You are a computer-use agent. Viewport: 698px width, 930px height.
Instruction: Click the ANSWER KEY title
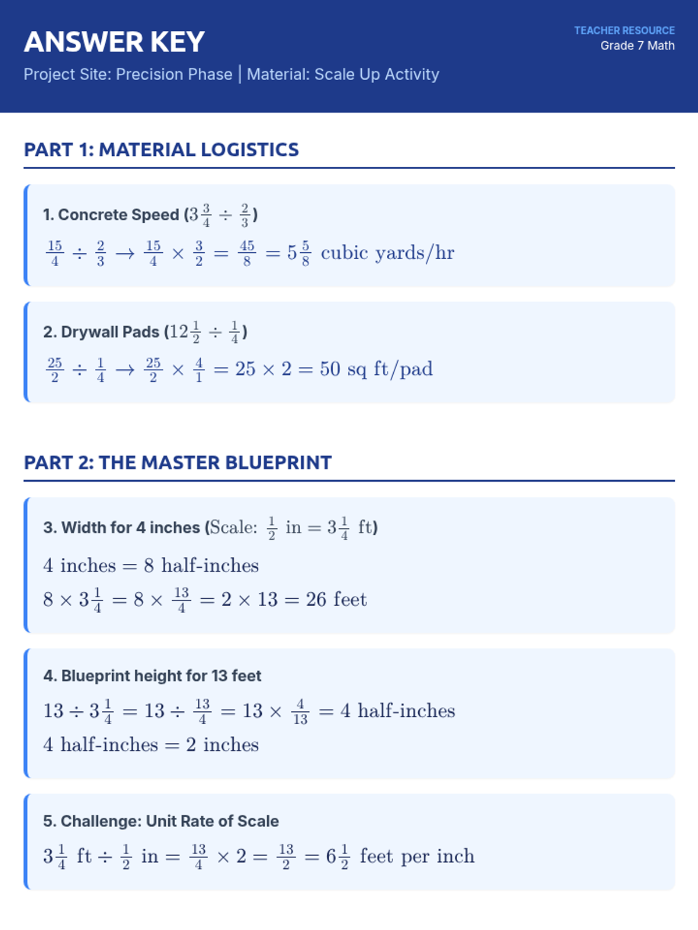click(x=114, y=42)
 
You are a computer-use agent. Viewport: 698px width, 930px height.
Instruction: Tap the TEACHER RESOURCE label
click(x=624, y=30)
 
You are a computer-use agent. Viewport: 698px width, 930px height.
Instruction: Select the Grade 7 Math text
click(x=638, y=46)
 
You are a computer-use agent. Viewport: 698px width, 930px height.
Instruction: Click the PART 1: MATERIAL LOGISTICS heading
click(x=161, y=150)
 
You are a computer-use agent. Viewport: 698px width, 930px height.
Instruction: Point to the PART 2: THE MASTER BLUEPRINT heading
click(x=177, y=463)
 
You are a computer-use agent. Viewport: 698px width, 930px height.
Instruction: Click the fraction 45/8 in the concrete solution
click(x=247, y=253)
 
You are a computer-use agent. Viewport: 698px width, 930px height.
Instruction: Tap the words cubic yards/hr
click(x=387, y=253)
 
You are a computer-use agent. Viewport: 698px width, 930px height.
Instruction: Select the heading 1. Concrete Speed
click(x=111, y=215)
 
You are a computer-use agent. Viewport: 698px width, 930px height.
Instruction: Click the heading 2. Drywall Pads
click(x=101, y=332)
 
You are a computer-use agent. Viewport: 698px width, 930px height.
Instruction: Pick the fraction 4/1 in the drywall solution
click(x=199, y=370)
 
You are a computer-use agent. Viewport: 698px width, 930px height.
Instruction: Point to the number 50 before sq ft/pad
click(x=330, y=370)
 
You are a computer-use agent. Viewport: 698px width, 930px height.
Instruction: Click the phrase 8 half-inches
click(x=201, y=566)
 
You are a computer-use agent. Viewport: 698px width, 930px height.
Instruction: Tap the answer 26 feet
click(x=336, y=600)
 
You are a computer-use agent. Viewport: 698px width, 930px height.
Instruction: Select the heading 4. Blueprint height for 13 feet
click(x=152, y=676)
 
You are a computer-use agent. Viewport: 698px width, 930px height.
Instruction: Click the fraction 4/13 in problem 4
click(x=300, y=711)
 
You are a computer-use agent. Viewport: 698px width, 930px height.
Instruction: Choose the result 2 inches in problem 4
click(x=222, y=745)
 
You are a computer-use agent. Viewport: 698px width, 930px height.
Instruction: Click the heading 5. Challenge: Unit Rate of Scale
click(x=161, y=821)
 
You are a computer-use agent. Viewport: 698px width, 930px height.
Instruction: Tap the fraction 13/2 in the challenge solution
click(x=286, y=857)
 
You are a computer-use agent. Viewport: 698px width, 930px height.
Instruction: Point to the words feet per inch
click(x=417, y=857)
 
